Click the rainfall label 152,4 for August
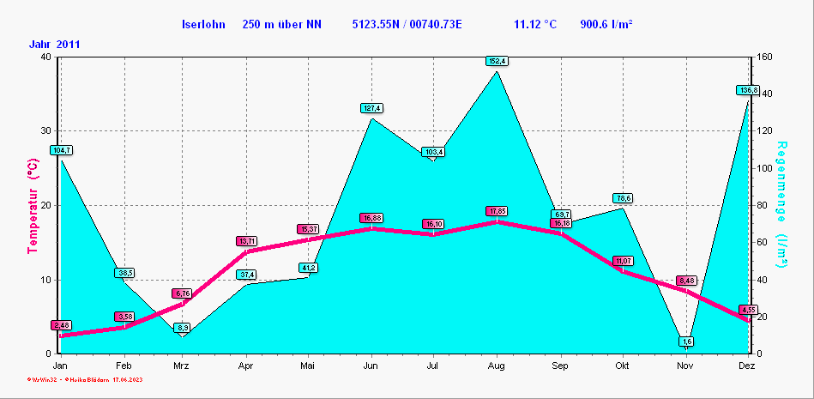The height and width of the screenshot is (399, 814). click(x=497, y=61)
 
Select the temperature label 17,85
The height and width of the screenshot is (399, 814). click(x=497, y=211)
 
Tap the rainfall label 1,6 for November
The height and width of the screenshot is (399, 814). click(x=687, y=342)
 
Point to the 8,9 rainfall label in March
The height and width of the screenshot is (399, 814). click(x=183, y=328)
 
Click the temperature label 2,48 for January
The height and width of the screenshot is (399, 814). click(x=61, y=325)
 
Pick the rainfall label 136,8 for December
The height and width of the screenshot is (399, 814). click(x=748, y=90)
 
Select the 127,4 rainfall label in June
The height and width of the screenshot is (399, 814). click(x=371, y=108)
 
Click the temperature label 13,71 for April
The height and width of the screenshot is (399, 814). click(x=247, y=241)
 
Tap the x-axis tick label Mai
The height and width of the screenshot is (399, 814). click(x=308, y=366)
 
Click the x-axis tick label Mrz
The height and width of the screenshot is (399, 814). click(x=182, y=366)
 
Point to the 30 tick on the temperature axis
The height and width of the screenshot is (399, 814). click(x=45, y=131)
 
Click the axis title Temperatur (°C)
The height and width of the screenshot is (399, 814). click(x=33, y=206)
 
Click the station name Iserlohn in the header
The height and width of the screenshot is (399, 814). click(x=205, y=24)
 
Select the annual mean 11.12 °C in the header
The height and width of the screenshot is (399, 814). click(x=535, y=24)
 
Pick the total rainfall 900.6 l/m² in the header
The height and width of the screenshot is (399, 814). click(x=606, y=24)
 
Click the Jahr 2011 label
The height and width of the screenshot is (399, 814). click(x=55, y=44)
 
